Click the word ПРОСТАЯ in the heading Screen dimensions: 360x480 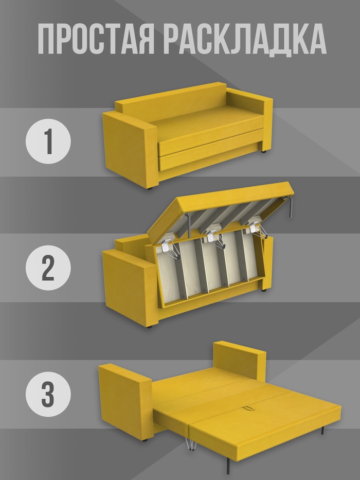pyautogui.click(x=96, y=39)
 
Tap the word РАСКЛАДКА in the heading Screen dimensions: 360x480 pyautogui.click(x=245, y=40)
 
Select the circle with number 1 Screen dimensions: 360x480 pyautogui.click(x=48, y=141)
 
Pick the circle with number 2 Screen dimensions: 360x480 pyautogui.click(x=48, y=268)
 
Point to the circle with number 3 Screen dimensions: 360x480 pyautogui.click(x=48, y=394)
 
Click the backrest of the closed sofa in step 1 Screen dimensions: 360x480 pyautogui.click(x=171, y=101)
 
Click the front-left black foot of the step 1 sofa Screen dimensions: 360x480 pyautogui.click(x=150, y=188)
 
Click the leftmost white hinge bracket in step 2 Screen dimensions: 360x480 pyautogui.click(x=167, y=247)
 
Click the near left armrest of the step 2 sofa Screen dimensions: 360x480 pyautogui.click(x=130, y=288)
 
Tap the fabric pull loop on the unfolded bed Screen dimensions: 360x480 pyautogui.click(x=247, y=408)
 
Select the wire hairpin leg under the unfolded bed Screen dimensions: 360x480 pyautogui.click(x=190, y=445)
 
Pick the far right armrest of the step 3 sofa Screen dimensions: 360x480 pyautogui.click(x=239, y=360)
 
